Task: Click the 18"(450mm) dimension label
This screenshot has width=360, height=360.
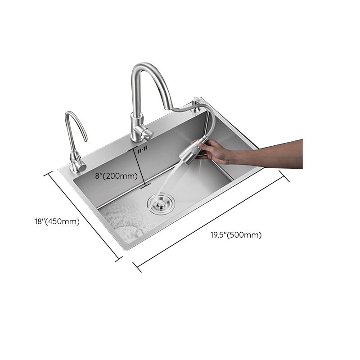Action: point(57,221)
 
